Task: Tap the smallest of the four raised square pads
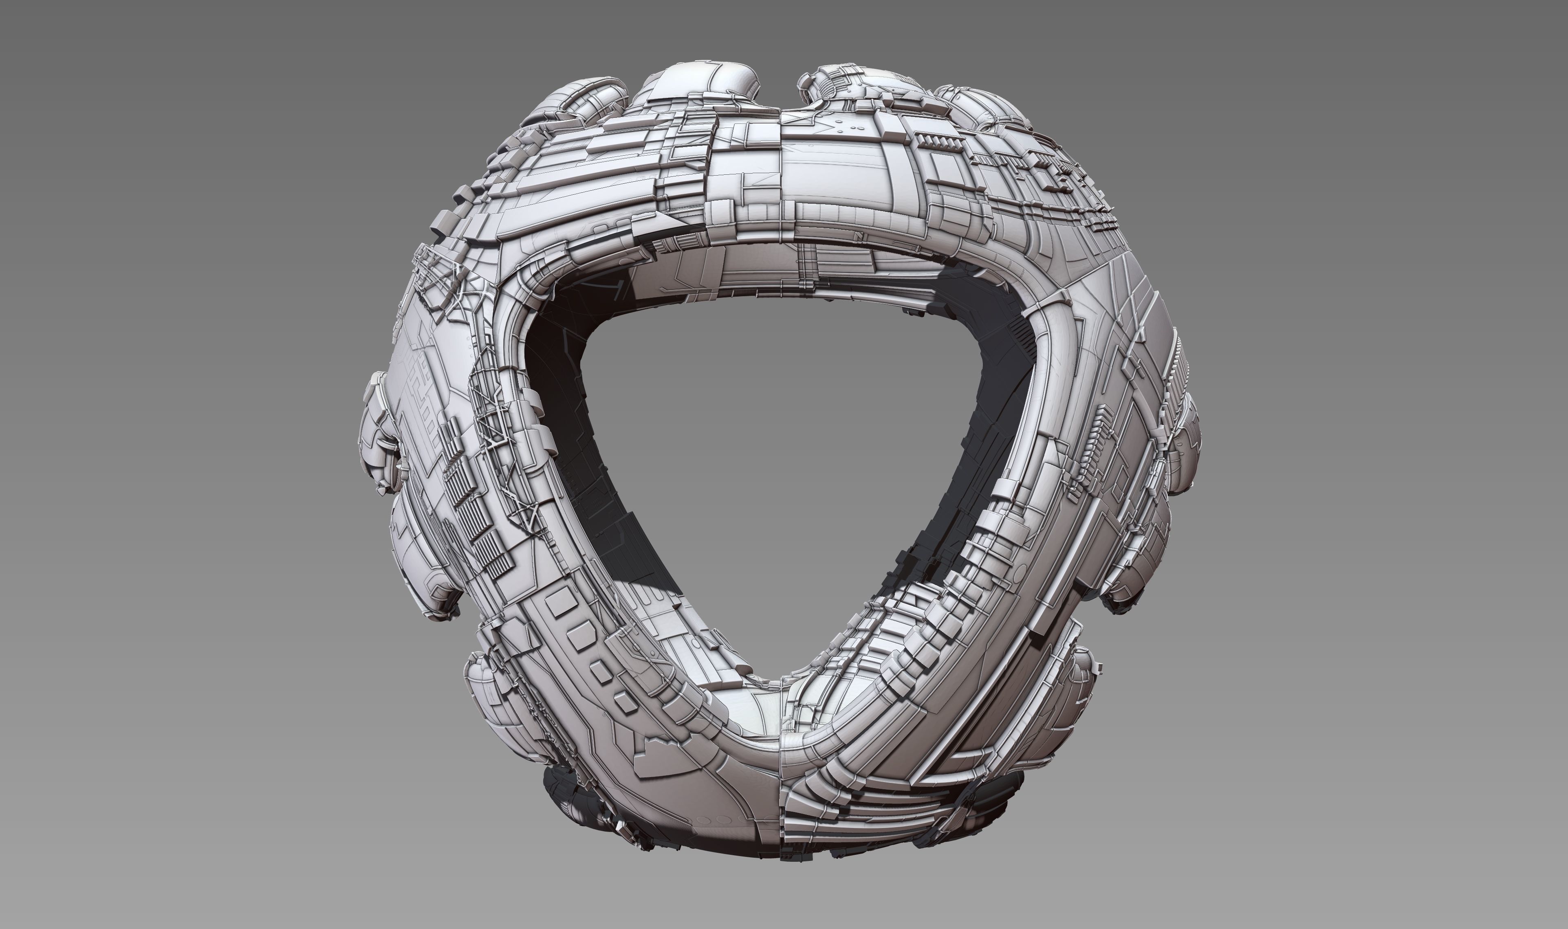(625, 703)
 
